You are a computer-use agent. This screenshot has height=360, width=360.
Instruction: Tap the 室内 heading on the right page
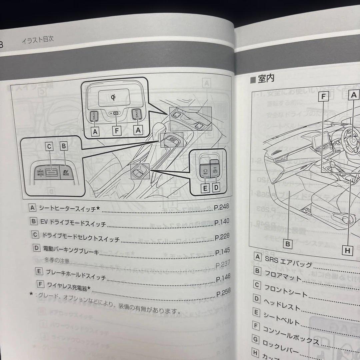[x=266, y=79]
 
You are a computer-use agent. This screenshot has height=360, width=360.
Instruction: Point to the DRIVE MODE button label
[x=40, y=173]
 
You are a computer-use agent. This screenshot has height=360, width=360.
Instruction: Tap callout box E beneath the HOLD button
[x=205, y=188]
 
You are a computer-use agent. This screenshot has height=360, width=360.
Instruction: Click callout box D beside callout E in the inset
[x=216, y=188]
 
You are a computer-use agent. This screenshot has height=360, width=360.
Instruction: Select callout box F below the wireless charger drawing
[x=116, y=131]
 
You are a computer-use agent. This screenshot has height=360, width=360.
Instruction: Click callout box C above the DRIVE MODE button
[x=49, y=146]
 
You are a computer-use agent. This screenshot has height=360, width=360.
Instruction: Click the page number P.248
[x=221, y=207]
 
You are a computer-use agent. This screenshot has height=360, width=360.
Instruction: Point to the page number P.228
[x=222, y=237]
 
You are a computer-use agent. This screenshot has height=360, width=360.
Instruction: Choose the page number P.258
[x=223, y=293]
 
